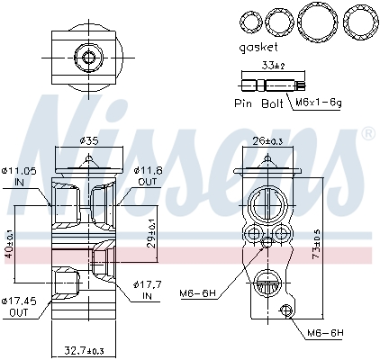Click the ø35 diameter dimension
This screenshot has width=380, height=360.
(x=88, y=140)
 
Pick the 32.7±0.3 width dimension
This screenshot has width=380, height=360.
(x=86, y=349)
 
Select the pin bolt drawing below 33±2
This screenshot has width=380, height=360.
(x=265, y=87)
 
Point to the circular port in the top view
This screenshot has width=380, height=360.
(x=87, y=58)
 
